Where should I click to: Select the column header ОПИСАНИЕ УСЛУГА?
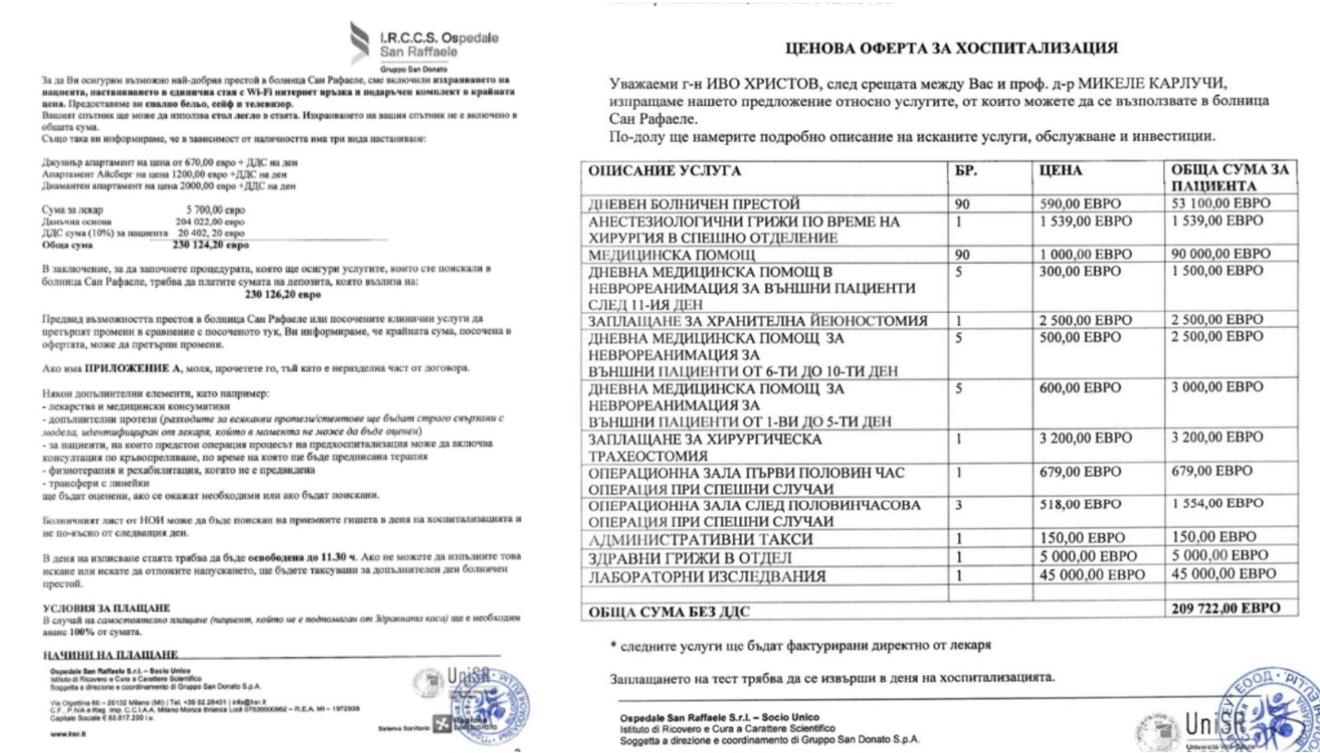(x=664, y=171)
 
